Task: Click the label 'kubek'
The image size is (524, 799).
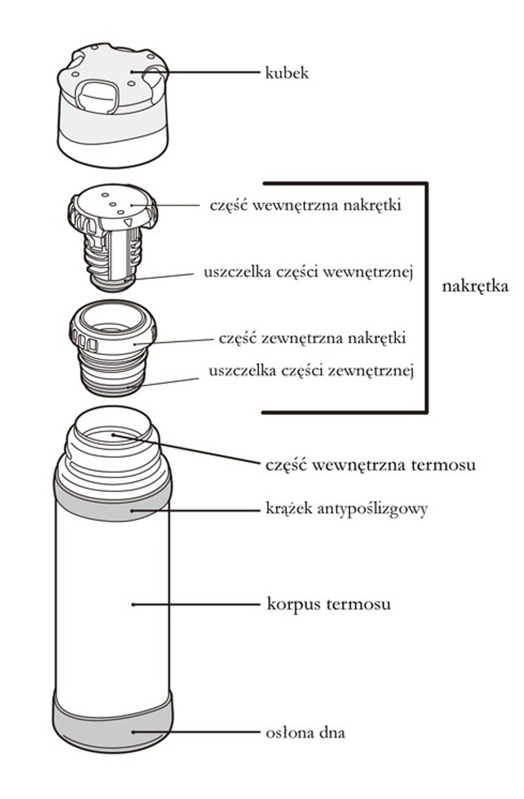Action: (287, 73)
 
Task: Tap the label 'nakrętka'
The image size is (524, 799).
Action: (475, 286)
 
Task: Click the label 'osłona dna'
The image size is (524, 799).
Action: (305, 733)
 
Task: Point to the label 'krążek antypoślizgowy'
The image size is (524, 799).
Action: (347, 509)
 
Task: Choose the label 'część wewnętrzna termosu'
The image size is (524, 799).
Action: (370, 465)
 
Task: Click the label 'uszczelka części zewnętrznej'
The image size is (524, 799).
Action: (311, 371)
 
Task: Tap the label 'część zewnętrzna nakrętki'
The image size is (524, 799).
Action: (312, 338)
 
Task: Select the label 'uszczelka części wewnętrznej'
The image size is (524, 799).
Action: (308, 272)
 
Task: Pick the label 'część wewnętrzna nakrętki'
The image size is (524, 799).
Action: (306, 205)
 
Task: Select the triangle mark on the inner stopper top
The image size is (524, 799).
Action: (128, 222)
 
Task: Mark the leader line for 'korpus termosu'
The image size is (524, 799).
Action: (196, 604)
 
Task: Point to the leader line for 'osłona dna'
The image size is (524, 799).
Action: (196, 732)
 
